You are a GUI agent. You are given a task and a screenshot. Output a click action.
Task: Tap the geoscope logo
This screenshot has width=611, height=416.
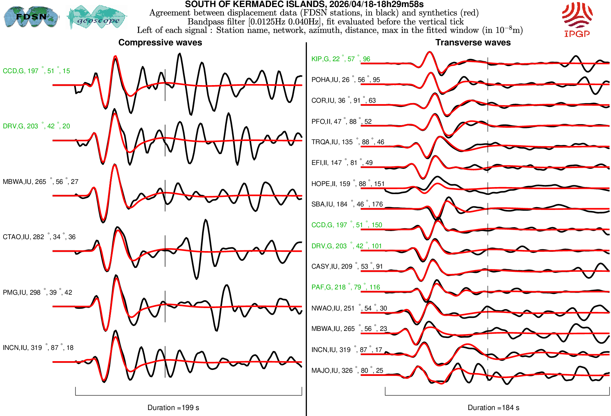pyautogui.click(x=98, y=17)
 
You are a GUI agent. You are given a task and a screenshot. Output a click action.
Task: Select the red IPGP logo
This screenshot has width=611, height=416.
pyautogui.click(x=577, y=19)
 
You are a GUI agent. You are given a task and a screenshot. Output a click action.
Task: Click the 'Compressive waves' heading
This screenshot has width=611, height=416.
pyautogui.click(x=160, y=43)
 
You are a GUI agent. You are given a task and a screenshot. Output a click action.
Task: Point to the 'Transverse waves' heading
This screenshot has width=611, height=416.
pyautogui.click(x=473, y=43)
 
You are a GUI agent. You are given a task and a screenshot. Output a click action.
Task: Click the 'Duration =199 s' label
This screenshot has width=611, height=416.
pyautogui.click(x=173, y=408)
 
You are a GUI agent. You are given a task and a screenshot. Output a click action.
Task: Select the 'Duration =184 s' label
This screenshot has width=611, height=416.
pyautogui.click(x=493, y=408)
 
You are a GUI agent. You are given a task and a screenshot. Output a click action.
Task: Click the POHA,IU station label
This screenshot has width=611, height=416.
pyautogui.click(x=346, y=80)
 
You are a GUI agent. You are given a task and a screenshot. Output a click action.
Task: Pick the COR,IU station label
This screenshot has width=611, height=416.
pyautogui.click(x=343, y=101)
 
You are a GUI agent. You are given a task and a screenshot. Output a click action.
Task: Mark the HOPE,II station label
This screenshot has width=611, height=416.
pyautogui.click(x=348, y=184)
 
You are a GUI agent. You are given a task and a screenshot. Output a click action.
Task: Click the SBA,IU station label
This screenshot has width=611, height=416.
pyautogui.click(x=347, y=204)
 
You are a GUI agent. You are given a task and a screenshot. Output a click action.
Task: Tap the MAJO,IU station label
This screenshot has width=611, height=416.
pyautogui.click(x=347, y=371)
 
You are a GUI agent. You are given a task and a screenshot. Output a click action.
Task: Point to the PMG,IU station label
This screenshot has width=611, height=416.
pyautogui.click(x=37, y=293)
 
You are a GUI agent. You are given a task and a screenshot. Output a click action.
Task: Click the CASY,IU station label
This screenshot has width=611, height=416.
pyautogui.click(x=347, y=267)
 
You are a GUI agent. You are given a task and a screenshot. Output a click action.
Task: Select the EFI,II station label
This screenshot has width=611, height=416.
pyautogui.click(x=342, y=163)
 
